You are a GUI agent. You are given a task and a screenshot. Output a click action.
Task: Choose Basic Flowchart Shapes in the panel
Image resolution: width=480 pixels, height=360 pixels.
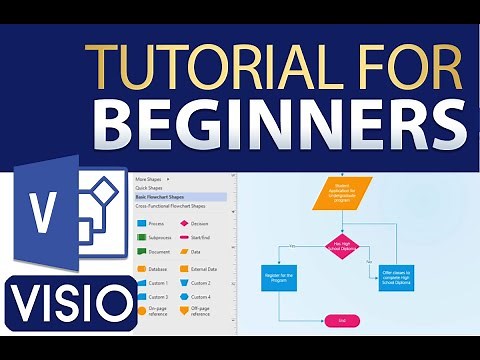165,198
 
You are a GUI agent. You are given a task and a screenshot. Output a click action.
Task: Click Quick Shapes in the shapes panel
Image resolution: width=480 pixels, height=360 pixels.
153,189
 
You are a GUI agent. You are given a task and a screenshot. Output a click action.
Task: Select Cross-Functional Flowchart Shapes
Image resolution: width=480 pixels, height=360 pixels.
176,207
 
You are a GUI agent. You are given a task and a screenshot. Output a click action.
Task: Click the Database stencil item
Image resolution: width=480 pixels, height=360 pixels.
156,269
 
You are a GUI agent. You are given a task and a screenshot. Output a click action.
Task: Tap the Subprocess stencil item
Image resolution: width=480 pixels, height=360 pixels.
158,239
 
